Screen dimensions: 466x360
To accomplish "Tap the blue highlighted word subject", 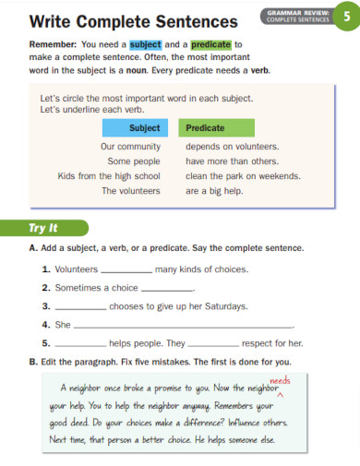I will [x=145, y=43].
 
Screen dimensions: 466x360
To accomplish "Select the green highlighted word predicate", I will [x=210, y=43].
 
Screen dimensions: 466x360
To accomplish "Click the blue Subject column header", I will [x=144, y=128].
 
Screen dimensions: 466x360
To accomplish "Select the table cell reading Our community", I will [x=130, y=146].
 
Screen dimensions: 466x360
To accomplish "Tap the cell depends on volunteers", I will [x=232, y=146].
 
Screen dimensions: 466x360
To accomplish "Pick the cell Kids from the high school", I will [x=109, y=175].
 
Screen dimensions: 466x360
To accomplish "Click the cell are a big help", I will [x=215, y=191].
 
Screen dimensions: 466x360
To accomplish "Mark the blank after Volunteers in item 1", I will [x=126, y=270].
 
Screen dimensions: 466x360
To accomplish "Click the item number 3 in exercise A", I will [x=46, y=305].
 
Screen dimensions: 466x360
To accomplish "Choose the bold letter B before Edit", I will [x=33, y=361].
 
